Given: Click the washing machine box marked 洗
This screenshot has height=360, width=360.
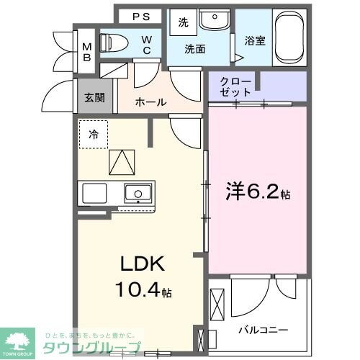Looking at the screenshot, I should coord(183,22).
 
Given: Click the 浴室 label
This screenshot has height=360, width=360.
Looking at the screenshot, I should coord(255,41).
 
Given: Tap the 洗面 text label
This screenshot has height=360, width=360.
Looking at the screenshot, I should coord(195,50).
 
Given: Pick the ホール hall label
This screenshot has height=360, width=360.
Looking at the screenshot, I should coord(152,102).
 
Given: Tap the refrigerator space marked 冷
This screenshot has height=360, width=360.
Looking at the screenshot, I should coord(94,134).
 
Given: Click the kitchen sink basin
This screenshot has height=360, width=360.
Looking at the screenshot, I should coord(137,193).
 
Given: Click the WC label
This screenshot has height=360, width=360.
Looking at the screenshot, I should coord(145,44).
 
